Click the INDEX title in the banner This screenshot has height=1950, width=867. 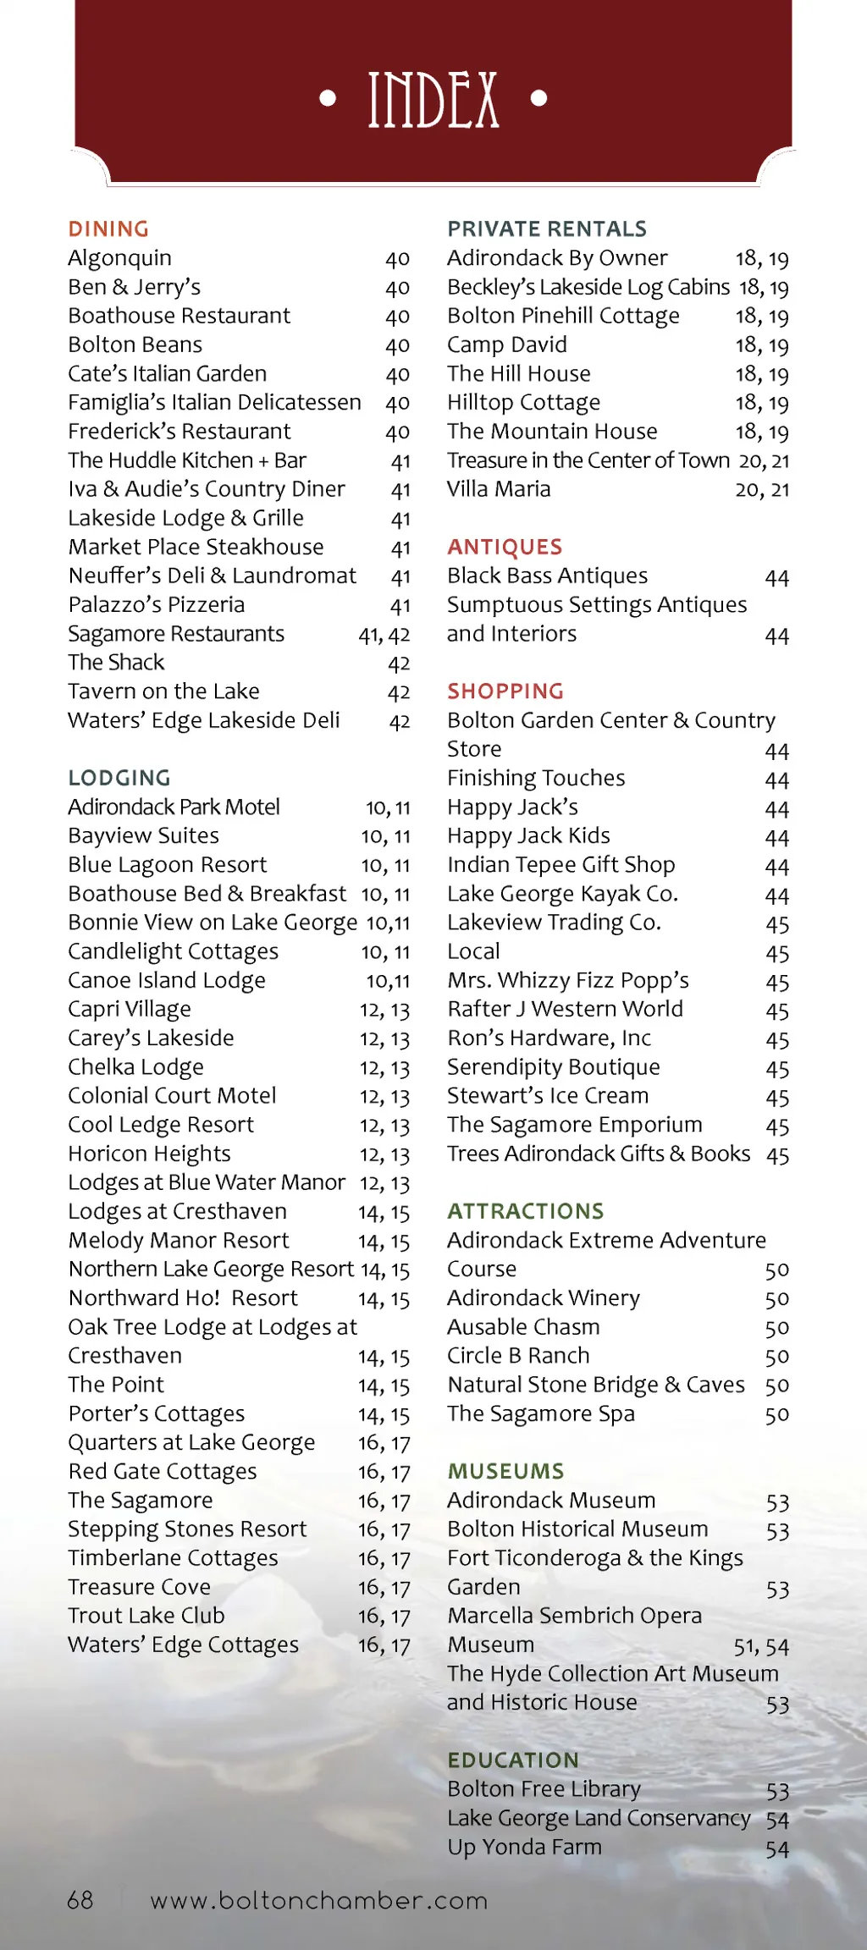point(433,100)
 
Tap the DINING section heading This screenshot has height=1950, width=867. point(108,229)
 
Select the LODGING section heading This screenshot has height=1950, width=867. point(119,778)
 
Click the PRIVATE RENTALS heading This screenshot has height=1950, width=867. point(547,229)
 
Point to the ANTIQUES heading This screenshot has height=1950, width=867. point(505,548)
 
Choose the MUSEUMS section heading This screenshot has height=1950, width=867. point(505,1472)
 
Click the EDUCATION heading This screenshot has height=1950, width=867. point(513,1760)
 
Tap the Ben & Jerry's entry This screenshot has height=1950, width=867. point(135,288)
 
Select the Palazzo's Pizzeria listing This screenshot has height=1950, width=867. point(157,605)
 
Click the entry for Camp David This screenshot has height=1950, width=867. point(507,345)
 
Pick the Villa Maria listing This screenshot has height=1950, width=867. point(499,489)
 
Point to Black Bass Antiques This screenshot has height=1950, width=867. point(547,576)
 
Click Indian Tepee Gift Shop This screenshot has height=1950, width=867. point(561,865)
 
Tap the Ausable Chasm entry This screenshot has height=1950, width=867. point(523,1327)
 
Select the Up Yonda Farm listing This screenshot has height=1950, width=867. point(524,1847)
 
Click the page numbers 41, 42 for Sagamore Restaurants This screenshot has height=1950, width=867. point(384,635)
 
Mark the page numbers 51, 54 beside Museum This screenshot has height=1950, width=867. point(760,1646)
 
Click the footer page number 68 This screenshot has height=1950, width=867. point(80,1900)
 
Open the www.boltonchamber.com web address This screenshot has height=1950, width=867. point(319,1901)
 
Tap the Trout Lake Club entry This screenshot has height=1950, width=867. point(146,1616)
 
